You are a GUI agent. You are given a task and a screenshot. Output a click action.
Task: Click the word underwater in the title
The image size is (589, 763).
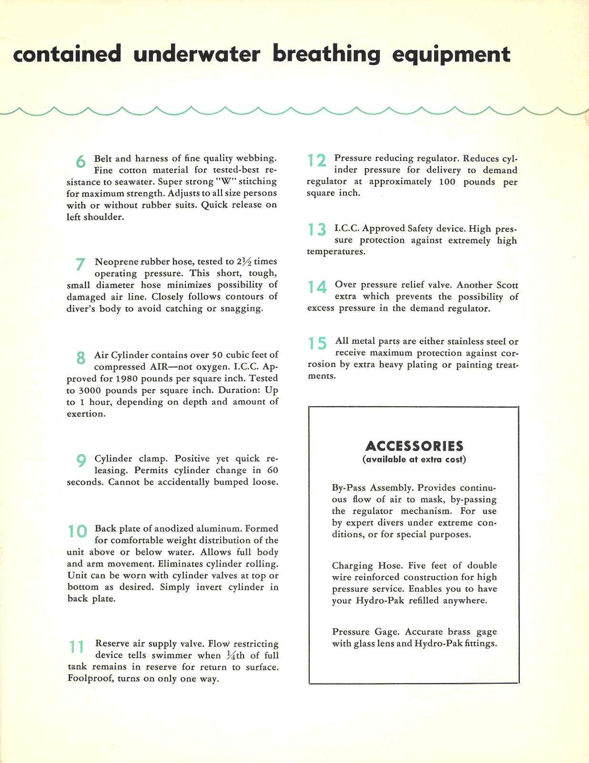197,54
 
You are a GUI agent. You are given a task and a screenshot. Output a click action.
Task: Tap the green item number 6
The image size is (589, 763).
81,162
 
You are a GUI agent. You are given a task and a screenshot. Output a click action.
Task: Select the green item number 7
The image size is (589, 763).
81,264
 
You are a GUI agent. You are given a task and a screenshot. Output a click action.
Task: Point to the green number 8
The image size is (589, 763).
81,358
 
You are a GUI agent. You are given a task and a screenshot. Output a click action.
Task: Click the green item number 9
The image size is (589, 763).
81,461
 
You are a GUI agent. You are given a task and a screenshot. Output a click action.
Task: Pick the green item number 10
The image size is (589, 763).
78,531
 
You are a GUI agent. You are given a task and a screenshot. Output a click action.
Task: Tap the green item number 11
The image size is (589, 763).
77,647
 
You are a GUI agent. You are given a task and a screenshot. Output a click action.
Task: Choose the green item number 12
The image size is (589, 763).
316,161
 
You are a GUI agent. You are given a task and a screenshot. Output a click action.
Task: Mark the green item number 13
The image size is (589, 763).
316,230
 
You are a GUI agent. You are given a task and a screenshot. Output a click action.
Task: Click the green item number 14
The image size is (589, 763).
316,287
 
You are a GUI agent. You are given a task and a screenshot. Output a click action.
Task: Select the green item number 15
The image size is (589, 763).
317,343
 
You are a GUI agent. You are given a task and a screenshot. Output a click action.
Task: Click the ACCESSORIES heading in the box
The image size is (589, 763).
414,446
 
